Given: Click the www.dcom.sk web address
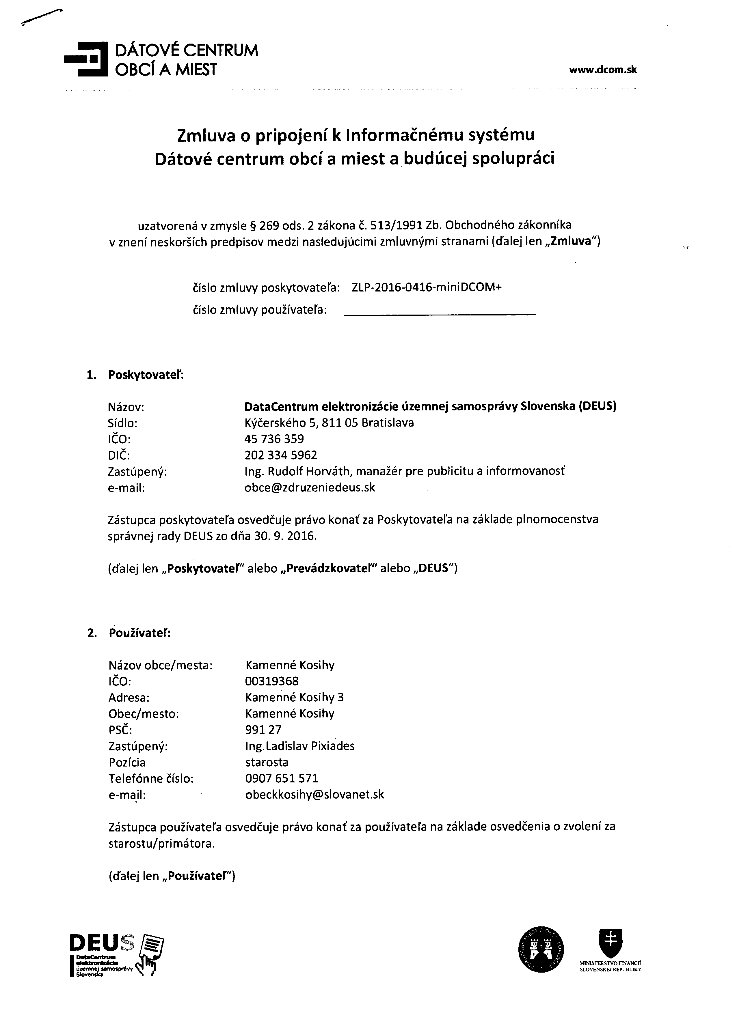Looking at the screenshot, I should pos(603,70).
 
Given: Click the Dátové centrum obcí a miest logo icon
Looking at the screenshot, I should pos(86,59).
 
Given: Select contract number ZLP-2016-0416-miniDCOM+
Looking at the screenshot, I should pos(426,287).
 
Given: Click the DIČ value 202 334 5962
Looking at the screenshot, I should pos(281,455).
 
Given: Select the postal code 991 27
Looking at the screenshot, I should pos(263,729).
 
